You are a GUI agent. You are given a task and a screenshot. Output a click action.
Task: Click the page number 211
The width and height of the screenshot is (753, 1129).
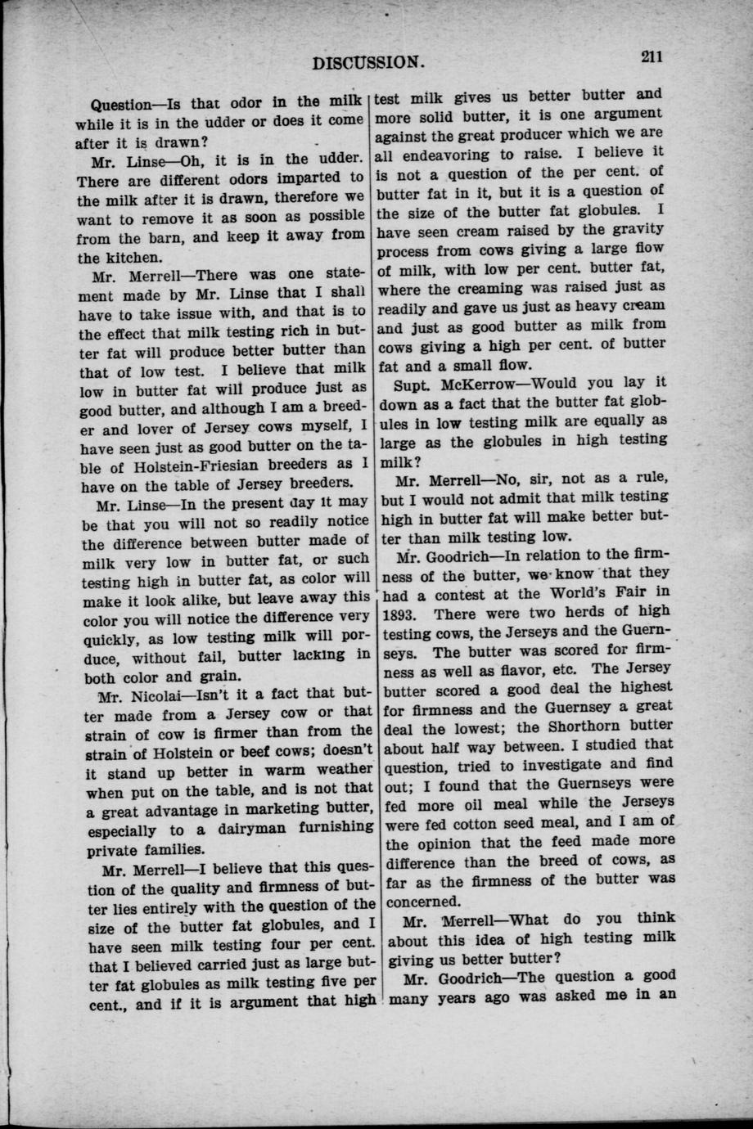(x=652, y=56)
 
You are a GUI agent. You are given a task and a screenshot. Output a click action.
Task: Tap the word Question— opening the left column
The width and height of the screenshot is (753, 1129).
(x=129, y=105)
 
